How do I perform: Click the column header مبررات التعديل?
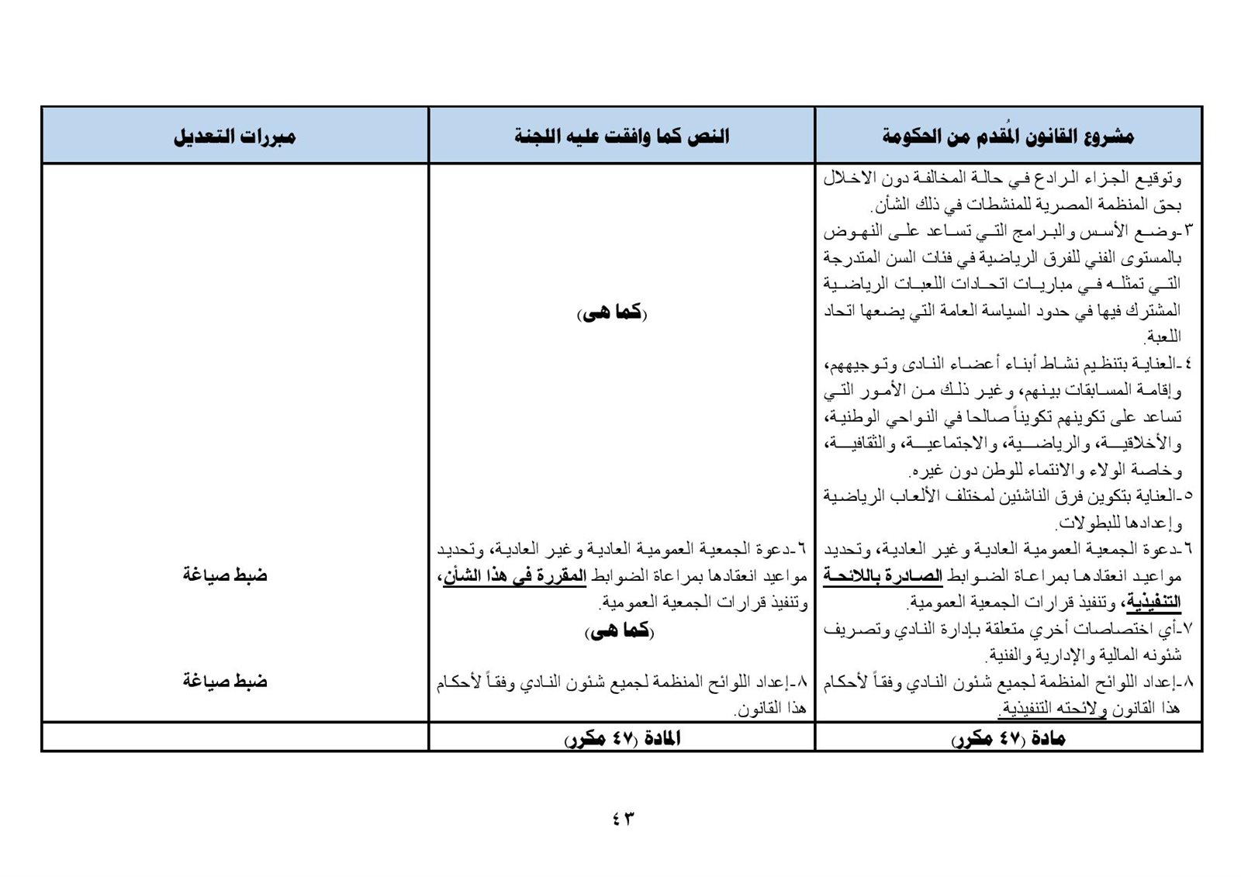pyautogui.click(x=234, y=137)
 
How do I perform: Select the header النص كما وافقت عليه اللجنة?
pyautogui.click(x=621, y=137)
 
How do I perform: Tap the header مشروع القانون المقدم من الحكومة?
pyautogui.click(x=1008, y=137)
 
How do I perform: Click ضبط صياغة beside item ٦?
pyautogui.click(x=225, y=575)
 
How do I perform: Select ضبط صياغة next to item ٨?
pyautogui.click(x=225, y=681)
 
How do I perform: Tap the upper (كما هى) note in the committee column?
pyautogui.click(x=612, y=312)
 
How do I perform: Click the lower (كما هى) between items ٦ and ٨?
pyautogui.click(x=620, y=631)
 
